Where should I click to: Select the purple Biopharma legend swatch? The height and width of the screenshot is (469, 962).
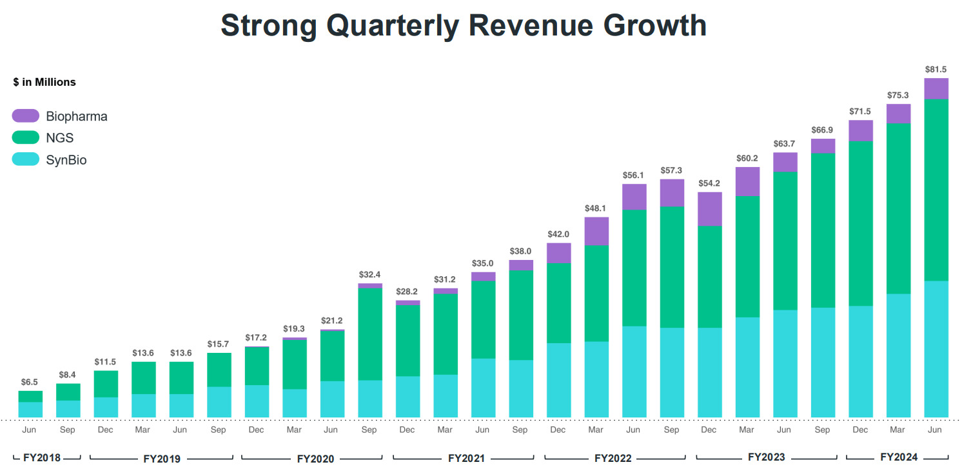point(26,116)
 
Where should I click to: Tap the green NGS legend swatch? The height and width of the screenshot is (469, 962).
point(26,137)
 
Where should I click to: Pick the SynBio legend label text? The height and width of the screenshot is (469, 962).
point(66,159)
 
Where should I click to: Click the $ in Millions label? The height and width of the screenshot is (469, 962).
point(44,82)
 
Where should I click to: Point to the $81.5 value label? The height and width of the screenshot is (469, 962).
point(936,69)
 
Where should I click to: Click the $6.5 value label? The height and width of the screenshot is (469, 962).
point(30,381)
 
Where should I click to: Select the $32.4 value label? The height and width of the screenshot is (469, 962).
point(370,274)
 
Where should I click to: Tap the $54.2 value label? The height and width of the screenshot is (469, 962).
point(709,183)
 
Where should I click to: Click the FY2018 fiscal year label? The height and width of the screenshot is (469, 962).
point(41,457)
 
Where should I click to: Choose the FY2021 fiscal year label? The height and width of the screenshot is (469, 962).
point(466,458)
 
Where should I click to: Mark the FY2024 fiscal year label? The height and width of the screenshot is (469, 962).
point(898,457)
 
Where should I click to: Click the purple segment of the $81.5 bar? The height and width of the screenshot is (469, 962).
point(936,88)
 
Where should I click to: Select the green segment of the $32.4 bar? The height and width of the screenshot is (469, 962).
point(370,334)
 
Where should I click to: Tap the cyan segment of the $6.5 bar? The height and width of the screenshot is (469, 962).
point(30,410)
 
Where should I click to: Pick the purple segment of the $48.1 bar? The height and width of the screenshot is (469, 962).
point(596,231)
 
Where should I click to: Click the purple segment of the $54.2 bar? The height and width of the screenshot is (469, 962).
point(709,208)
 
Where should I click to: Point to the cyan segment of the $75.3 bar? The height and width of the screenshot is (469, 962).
point(898,355)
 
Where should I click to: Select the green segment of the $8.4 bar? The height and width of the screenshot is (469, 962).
point(68,392)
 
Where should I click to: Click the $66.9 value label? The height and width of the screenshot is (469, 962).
point(823,130)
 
